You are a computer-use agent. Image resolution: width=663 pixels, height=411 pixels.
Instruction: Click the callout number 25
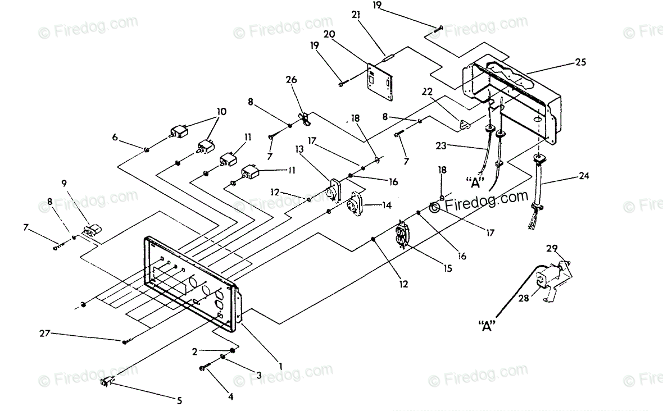click(580, 62)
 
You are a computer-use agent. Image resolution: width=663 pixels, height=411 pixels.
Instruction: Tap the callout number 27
click(45, 334)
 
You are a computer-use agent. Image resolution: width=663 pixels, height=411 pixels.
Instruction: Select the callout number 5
click(179, 400)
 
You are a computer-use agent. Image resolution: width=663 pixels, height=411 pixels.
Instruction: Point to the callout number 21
click(356, 15)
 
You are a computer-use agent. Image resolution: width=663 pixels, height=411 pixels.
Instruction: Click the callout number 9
click(64, 184)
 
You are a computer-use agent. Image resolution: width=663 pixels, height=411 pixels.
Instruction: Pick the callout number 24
click(584, 175)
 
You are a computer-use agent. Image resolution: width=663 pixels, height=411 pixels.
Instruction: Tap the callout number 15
click(448, 268)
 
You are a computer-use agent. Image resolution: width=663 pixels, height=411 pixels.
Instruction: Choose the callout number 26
click(292, 79)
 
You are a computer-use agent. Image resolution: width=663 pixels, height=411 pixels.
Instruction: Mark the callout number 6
click(115, 137)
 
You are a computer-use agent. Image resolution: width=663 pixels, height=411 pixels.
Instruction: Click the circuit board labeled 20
click(380, 82)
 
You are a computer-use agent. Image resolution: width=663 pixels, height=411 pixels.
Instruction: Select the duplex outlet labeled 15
click(401, 234)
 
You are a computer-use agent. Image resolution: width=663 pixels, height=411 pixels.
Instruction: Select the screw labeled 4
click(207, 367)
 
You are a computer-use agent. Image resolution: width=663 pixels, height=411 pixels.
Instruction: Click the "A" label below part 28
click(487, 326)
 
